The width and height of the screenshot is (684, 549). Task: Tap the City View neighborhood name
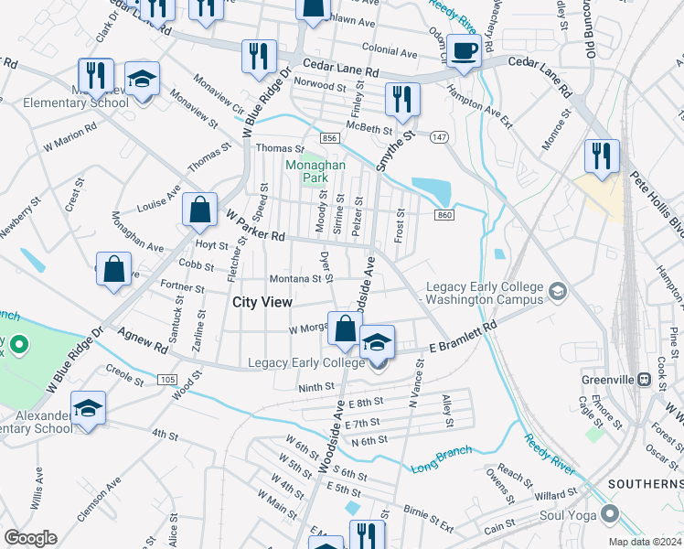pyautogui.click(x=262, y=302)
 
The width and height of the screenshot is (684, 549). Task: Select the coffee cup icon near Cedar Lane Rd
pyautogui.click(x=465, y=51)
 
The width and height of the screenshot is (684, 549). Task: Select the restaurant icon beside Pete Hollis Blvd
pyautogui.click(x=602, y=156)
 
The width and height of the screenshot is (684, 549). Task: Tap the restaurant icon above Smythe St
pyautogui.click(x=401, y=100)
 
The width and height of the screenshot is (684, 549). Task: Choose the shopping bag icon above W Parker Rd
pyautogui.click(x=198, y=210)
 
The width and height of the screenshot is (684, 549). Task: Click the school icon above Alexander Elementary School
pyautogui.click(x=89, y=408)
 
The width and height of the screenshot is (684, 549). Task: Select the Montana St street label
pyautogui.click(x=295, y=279)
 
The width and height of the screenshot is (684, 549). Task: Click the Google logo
pyautogui.click(x=30, y=538)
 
